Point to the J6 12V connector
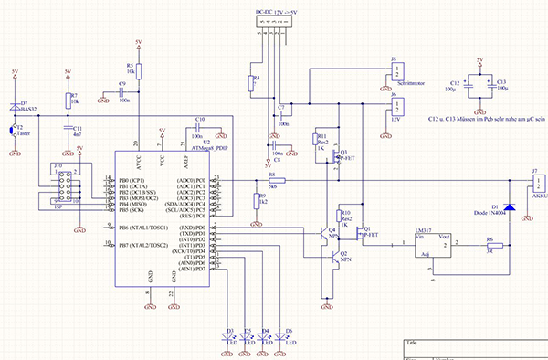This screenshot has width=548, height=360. coord(398,106)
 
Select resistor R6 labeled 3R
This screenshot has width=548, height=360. coord(490,248)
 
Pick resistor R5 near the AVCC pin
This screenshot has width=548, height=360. coord(138,70)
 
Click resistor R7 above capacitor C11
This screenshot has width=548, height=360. coord(67,101)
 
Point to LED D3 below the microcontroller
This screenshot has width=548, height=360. coord(227,337)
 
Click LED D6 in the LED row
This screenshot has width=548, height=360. coord(281,337)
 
